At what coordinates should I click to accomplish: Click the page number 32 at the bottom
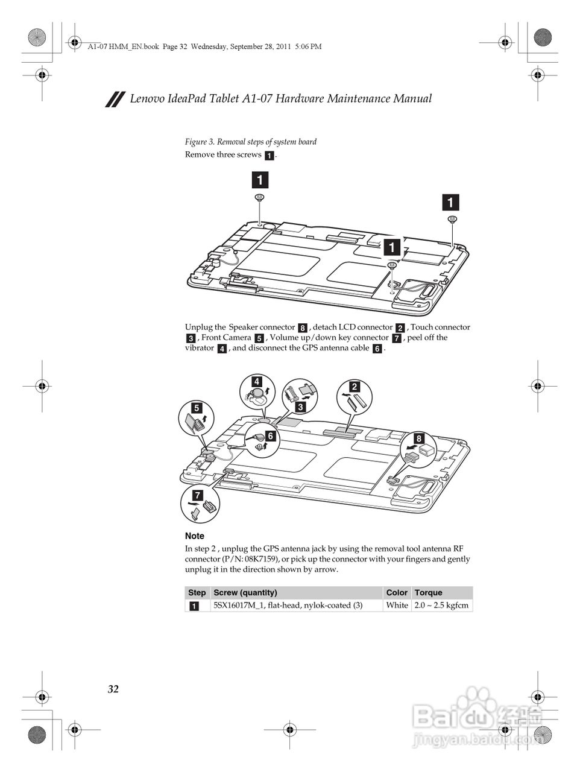[x=113, y=689]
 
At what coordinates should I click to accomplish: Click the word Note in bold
[x=195, y=536]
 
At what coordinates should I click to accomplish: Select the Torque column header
[x=428, y=592]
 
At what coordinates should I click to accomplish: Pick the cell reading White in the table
[x=397, y=605]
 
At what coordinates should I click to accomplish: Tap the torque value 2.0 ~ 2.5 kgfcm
[x=441, y=605]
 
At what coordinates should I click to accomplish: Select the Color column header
[x=397, y=592]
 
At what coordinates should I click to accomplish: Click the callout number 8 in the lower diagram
[x=418, y=438]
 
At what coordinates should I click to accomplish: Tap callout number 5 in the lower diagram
[x=197, y=408]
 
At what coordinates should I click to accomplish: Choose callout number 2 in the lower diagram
[x=355, y=387]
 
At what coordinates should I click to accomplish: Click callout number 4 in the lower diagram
[x=257, y=381]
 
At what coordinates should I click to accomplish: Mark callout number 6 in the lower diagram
[x=270, y=435]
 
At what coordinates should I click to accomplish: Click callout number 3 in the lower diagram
[x=300, y=407]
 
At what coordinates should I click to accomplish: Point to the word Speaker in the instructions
[x=243, y=327]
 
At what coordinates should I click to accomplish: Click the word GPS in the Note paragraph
[x=271, y=549]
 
